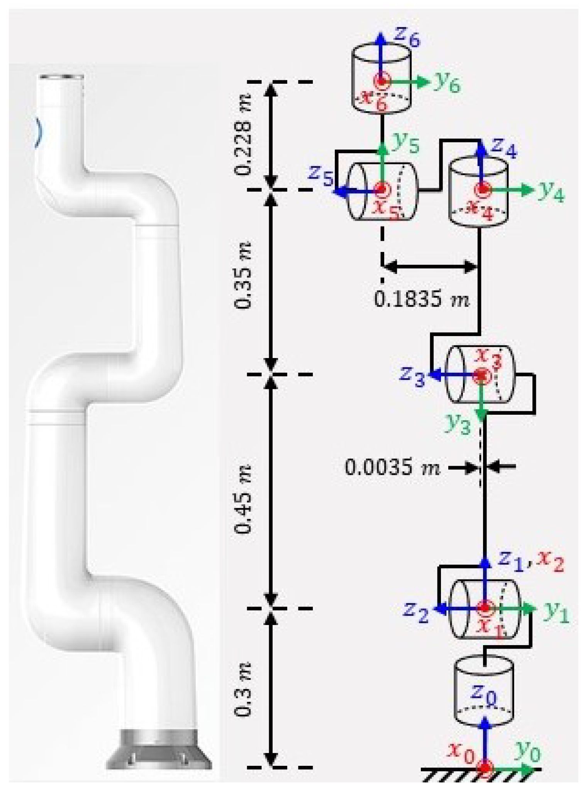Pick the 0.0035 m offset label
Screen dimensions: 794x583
click(x=392, y=468)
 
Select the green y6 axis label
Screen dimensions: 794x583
click(x=447, y=83)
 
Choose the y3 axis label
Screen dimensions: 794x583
click(x=458, y=425)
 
